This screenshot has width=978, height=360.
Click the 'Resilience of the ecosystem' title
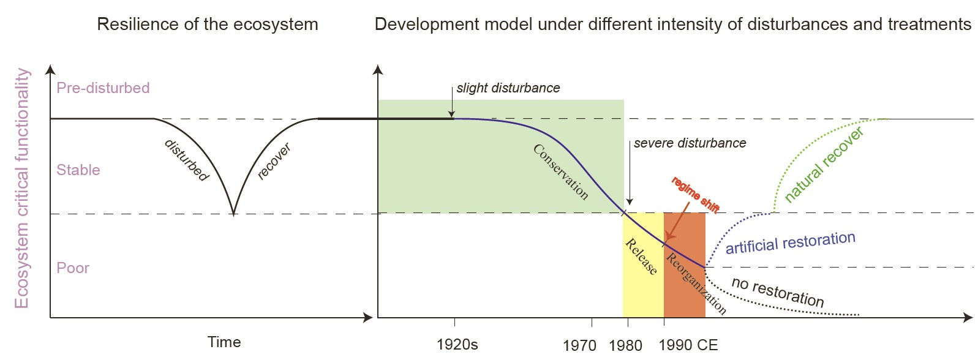(x=208, y=24)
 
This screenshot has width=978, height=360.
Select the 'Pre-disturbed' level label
(x=103, y=88)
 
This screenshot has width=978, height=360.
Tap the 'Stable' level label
(x=78, y=170)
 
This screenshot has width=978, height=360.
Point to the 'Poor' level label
(x=73, y=268)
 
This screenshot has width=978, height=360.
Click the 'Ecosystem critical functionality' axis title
(x=22, y=188)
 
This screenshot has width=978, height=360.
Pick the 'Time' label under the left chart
(x=224, y=342)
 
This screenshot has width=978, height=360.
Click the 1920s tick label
(x=457, y=344)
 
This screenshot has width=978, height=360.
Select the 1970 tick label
(x=579, y=345)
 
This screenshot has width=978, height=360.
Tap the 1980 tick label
(x=625, y=345)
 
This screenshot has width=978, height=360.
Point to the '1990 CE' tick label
(x=688, y=345)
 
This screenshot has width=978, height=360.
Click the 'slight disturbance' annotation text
(x=508, y=88)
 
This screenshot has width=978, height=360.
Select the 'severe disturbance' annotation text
(x=690, y=143)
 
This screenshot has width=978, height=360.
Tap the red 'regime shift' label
(x=695, y=195)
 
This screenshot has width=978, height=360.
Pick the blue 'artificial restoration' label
(x=790, y=242)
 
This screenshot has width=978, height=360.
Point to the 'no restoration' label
(x=778, y=291)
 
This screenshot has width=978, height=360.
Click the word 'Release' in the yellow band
(x=641, y=257)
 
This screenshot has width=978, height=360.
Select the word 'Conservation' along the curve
(x=561, y=172)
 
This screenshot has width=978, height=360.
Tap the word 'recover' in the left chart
(x=274, y=161)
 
